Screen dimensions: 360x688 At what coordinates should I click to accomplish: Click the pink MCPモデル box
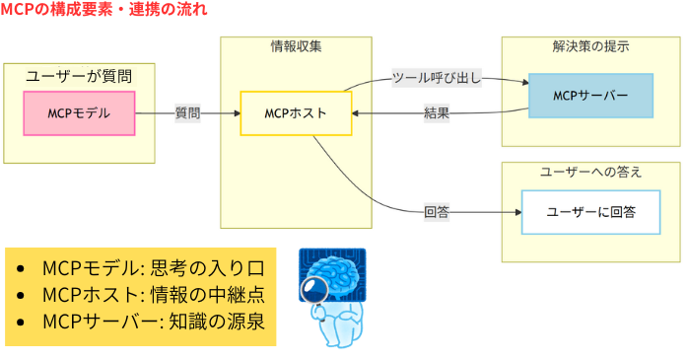79,113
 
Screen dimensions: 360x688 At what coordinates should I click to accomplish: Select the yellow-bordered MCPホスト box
296,113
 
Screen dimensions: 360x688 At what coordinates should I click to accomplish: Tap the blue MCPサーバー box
590,95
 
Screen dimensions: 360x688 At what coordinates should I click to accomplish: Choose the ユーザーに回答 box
590,212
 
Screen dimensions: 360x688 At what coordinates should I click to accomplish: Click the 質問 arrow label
187,113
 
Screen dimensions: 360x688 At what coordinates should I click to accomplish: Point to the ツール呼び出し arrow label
437,78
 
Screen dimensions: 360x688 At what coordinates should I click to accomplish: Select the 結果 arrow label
437,113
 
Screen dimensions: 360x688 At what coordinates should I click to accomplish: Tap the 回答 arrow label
437,212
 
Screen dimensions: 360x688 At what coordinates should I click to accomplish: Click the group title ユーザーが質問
79,75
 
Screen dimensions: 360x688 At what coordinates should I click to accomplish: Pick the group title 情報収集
296,46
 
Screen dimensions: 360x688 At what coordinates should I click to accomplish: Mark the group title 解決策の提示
590,46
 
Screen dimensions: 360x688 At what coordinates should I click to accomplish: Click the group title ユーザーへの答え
590,172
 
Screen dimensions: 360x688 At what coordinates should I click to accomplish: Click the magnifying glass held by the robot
318,292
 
